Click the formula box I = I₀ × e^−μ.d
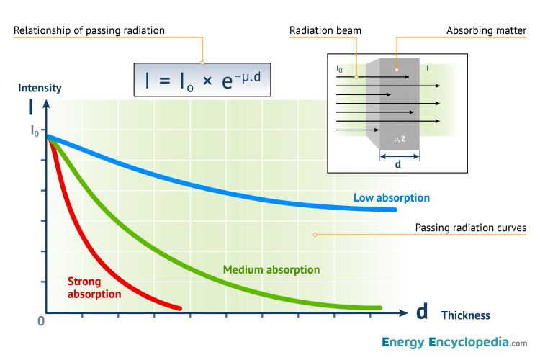[202, 79]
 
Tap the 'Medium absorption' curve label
[271, 270]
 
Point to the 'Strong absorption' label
[94, 287]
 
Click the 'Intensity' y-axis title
[40, 88]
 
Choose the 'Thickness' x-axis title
[465, 315]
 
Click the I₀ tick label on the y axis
[35, 130]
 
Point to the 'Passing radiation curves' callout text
[471, 228]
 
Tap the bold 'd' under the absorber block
[399, 163]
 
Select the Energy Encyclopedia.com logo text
[454, 343]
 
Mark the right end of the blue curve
[395, 210]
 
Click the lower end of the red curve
[179, 308]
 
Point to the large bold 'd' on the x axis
[423, 312]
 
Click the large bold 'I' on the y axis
[30, 107]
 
